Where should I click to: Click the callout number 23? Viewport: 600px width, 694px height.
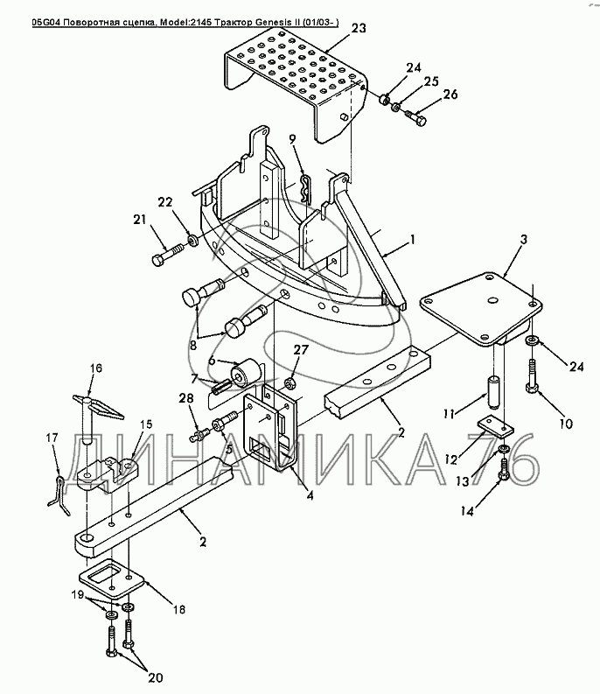point(359,28)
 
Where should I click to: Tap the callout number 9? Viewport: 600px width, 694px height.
point(292,139)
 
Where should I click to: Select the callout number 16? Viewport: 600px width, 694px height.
point(96,368)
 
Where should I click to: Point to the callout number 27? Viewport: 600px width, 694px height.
point(301,350)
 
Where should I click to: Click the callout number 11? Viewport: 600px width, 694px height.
point(449,414)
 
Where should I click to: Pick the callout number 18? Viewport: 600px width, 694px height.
point(178,609)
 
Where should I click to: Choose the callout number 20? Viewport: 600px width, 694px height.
point(156,677)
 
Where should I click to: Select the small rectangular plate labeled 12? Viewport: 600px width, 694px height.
point(495,427)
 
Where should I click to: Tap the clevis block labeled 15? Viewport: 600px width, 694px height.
point(107,473)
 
